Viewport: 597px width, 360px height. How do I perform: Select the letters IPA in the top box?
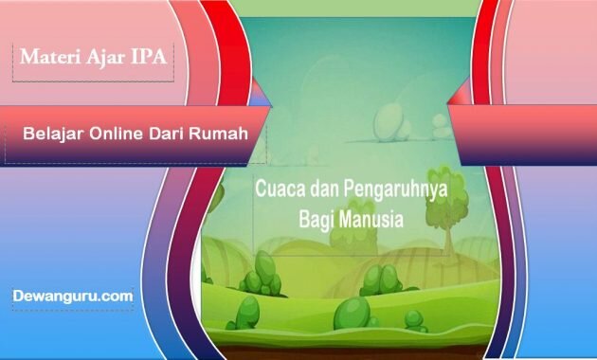tap(147, 57)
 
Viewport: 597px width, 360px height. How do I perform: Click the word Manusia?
tap(372, 219)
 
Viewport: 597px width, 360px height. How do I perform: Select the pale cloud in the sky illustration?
tap(390, 120)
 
